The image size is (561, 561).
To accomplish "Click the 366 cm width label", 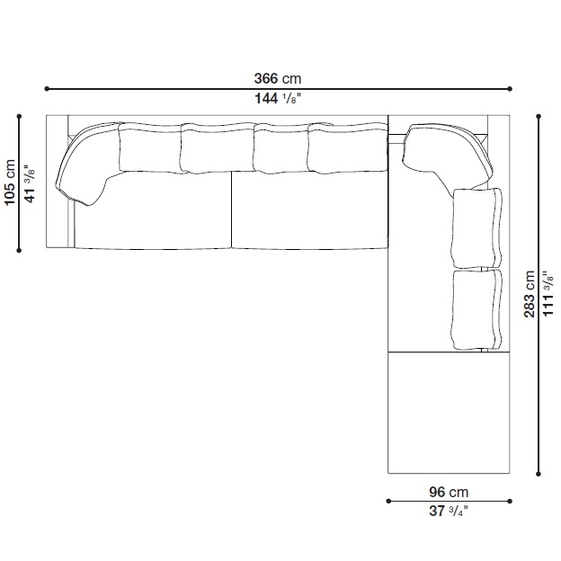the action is (278, 78).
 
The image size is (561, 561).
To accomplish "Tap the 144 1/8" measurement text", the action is (278, 98).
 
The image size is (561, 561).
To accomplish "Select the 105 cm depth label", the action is (10, 183).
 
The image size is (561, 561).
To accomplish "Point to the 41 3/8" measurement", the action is (30, 184).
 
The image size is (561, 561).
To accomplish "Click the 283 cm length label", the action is (530, 294).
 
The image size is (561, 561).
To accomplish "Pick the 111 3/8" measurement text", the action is (548, 293).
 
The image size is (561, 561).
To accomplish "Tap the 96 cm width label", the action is (449, 493).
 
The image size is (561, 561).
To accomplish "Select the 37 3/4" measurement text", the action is (449, 511).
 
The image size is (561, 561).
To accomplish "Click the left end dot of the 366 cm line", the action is (47, 89).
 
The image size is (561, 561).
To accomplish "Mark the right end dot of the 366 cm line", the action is (510, 89).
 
